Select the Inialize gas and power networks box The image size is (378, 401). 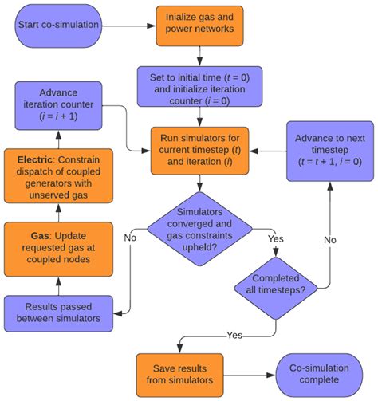pos(199,24)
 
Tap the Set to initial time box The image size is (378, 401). pos(199,86)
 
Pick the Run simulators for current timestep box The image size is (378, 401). pos(199,149)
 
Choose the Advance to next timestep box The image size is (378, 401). pos(326,149)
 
